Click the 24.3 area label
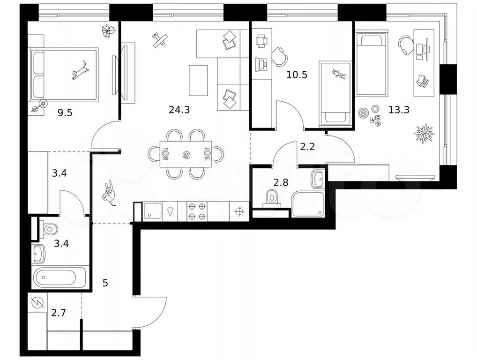179,110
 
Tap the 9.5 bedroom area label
65,113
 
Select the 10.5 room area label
297,75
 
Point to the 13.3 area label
399,110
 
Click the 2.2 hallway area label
307,147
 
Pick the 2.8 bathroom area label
281,183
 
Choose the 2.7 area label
59,313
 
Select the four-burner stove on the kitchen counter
196,211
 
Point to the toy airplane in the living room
160,40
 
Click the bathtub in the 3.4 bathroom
60,277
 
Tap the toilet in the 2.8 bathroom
271,198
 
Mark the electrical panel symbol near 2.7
37,302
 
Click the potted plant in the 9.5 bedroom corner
108,31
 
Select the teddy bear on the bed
338,74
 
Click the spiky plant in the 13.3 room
425,133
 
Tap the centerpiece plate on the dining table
186,155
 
